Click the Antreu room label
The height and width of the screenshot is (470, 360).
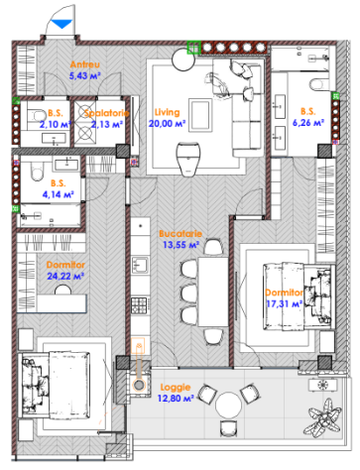pyautogui.click(x=85, y=64)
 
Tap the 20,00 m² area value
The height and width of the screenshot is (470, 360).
pyautogui.click(x=167, y=124)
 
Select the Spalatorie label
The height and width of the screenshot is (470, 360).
pyautogui.click(x=106, y=113)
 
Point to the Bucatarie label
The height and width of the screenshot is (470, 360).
pyautogui.click(x=180, y=234)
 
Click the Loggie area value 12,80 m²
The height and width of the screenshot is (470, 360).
pyautogui.click(x=176, y=399)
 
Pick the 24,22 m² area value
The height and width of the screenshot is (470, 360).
pyautogui.click(x=65, y=276)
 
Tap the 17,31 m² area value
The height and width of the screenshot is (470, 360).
pyautogui.click(x=285, y=303)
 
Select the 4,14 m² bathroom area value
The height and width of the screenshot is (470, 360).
pyautogui.click(x=58, y=194)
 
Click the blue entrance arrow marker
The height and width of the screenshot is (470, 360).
pyautogui.click(x=61, y=24)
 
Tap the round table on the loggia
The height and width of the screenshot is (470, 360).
pyautogui.click(x=229, y=405)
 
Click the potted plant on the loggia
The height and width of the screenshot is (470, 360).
pyautogui.click(x=322, y=417)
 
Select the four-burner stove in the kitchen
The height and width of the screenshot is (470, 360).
pyautogui.click(x=139, y=305)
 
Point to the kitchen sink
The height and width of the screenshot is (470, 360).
pyautogui.click(x=140, y=265)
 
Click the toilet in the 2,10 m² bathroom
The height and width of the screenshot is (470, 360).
pyautogui.click(x=37, y=116)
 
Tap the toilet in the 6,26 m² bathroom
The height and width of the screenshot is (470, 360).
pyautogui.click(x=316, y=84)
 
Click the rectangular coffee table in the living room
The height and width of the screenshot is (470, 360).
pyautogui.click(x=200, y=115)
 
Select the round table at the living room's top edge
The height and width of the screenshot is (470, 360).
pyautogui.click(x=183, y=59)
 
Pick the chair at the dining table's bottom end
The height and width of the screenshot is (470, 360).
pyautogui.click(x=213, y=336)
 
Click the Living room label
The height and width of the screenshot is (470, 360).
pyautogui.click(x=168, y=112)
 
